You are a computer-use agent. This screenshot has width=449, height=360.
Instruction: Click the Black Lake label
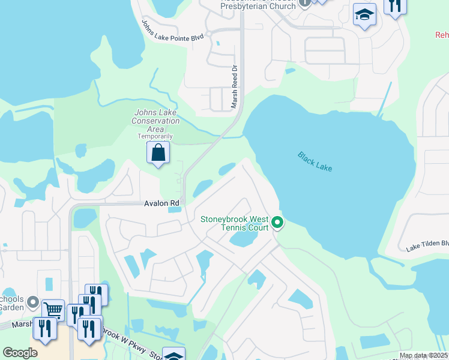315,162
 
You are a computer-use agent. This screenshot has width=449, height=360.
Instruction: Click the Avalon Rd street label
161,203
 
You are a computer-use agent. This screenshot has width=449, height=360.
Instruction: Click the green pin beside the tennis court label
277,223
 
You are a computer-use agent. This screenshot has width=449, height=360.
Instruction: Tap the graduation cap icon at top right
364,15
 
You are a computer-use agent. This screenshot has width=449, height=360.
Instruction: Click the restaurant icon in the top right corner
395,6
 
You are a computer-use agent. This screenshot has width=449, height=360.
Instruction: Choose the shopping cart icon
53,310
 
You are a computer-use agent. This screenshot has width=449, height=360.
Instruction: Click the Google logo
20,353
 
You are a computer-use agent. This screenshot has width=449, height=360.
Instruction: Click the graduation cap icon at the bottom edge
173,356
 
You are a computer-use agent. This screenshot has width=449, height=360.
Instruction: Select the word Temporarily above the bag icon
155,136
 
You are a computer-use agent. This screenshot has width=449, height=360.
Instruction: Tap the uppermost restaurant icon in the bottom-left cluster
96,294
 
